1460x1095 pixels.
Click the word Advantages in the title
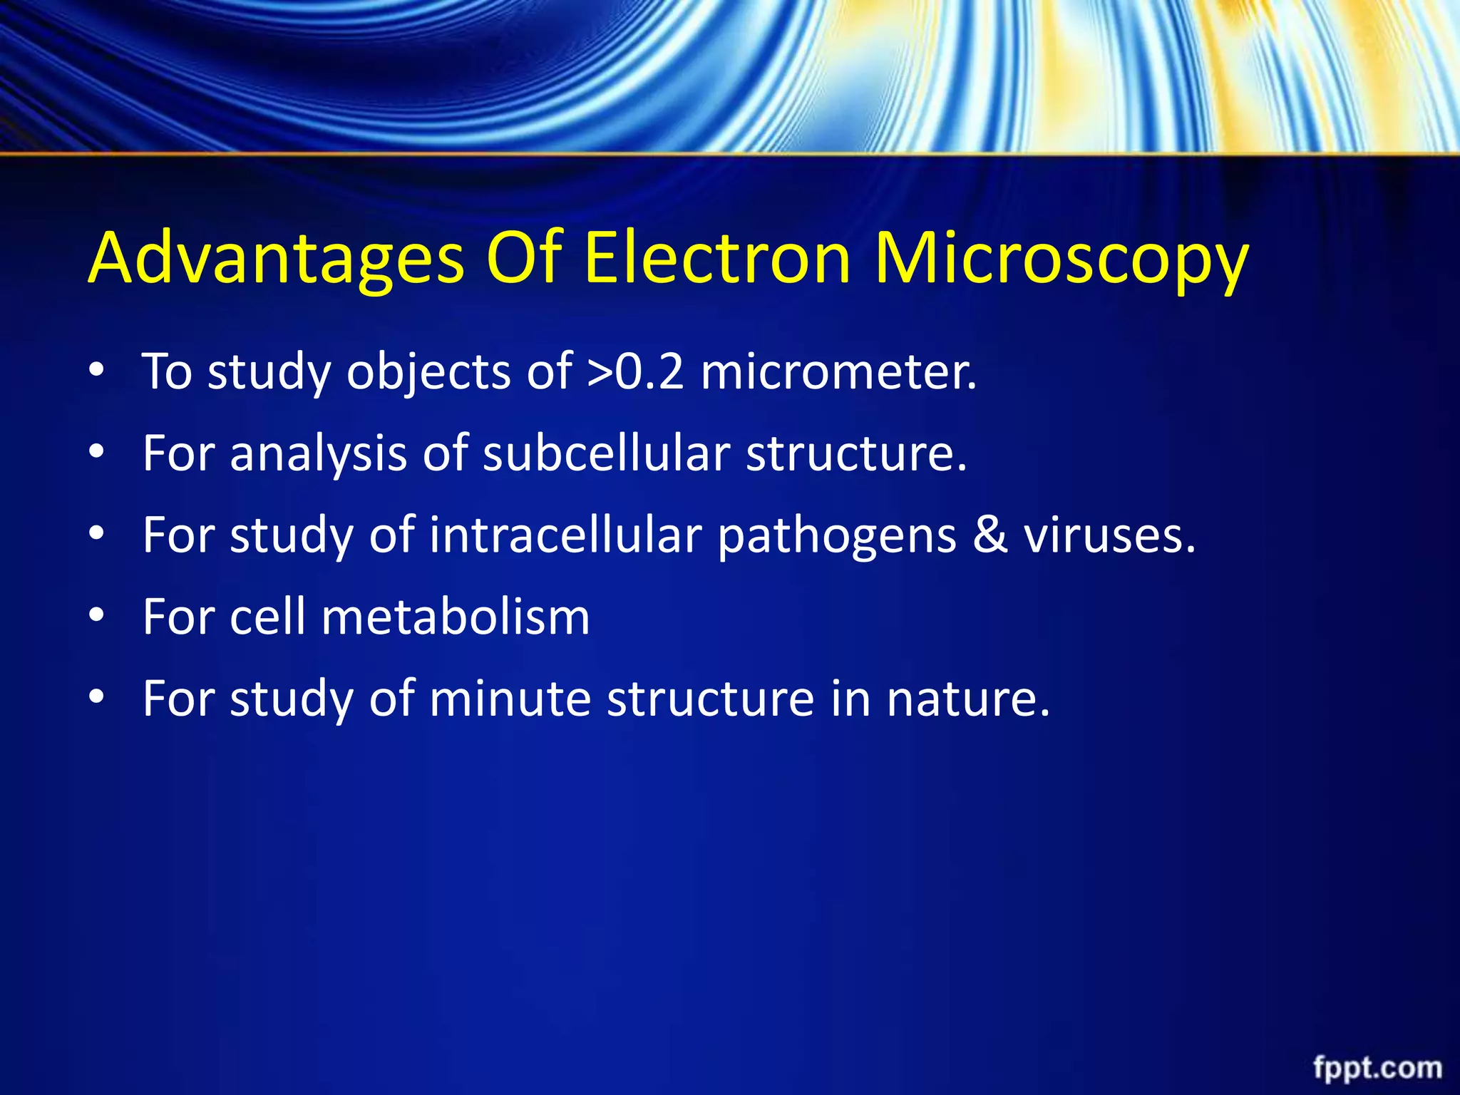click(x=277, y=258)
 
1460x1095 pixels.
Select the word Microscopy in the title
click(x=1061, y=258)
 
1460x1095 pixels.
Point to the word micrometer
click(x=838, y=371)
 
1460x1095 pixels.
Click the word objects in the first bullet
click(x=428, y=373)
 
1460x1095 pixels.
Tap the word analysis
click(x=318, y=454)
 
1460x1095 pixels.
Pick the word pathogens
click(x=837, y=536)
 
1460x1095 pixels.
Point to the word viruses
click(x=1109, y=535)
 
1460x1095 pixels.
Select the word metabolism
click(x=456, y=617)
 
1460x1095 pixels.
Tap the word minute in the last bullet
click(x=510, y=698)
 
